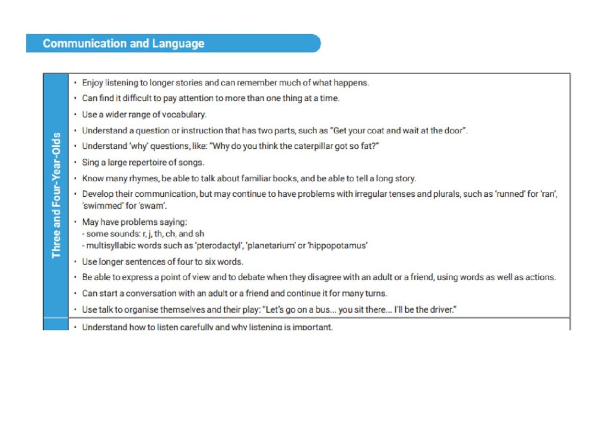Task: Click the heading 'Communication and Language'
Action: tap(123, 44)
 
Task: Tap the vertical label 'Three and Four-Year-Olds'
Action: tap(56, 195)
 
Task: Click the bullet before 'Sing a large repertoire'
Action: tap(75, 162)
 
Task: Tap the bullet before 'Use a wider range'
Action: tap(75, 114)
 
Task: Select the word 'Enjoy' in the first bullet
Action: tap(93, 83)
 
